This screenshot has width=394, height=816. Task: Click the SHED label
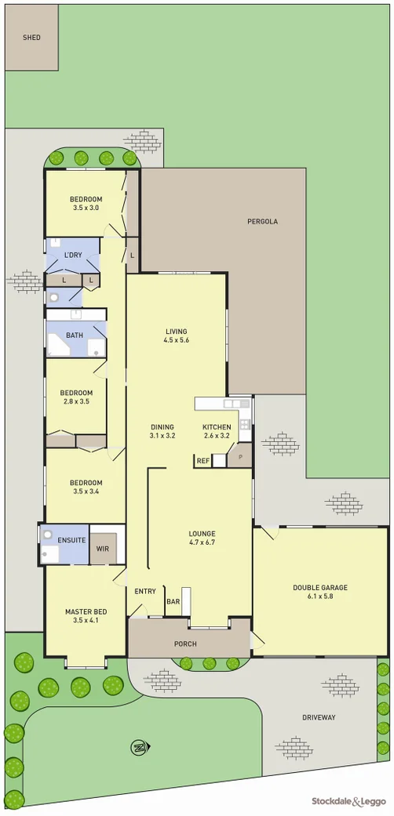[x=31, y=37]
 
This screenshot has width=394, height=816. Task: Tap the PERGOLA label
[x=262, y=222]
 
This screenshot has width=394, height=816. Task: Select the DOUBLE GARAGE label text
[x=320, y=587]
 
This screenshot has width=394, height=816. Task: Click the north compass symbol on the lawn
[x=138, y=747]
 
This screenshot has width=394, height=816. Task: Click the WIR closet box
[x=103, y=549]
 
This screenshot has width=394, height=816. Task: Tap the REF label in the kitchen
[x=202, y=461]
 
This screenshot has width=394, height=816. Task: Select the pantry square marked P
[x=239, y=456]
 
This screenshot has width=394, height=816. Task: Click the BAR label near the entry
[x=173, y=601]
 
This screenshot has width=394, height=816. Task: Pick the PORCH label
[x=185, y=644]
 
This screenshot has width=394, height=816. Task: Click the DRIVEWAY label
[x=319, y=717]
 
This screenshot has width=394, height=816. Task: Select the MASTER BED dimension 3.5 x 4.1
[x=86, y=620]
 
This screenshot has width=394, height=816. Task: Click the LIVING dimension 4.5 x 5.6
[x=177, y=340]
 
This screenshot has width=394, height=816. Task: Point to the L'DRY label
[x=73, y=256]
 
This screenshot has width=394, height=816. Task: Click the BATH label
[x=75, y=335]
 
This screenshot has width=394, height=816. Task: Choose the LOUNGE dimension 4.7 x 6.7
[x=202, y=542]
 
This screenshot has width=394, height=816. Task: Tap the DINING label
[x=162, y=426]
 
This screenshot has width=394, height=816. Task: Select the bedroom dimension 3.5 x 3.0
[x=86, y=209]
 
